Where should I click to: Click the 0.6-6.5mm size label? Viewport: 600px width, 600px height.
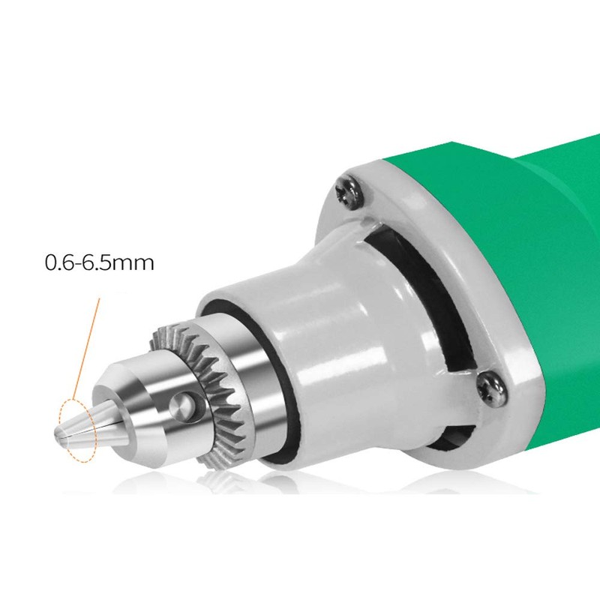(x=99, y=263)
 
